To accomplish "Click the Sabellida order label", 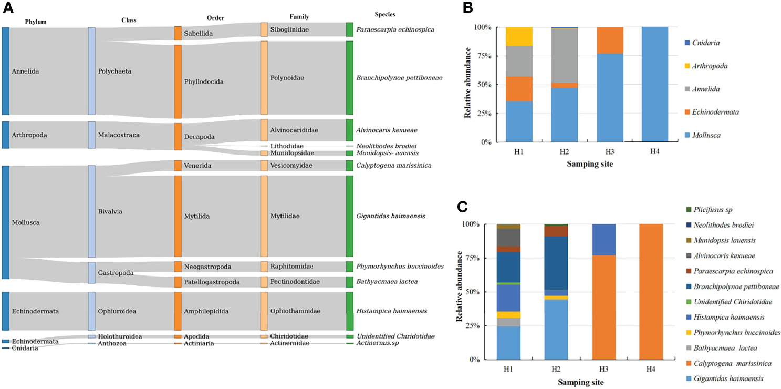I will [x=198, y=34].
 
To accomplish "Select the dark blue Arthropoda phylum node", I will [x=6, y=135].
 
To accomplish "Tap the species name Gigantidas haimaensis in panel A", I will [x=391, y=216].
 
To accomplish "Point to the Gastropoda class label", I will [x=116, y=273].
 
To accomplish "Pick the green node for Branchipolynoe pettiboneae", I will [x=349, y=77].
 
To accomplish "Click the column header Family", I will [x=299, y=17].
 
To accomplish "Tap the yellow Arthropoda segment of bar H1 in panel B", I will [x=518, y=36].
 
